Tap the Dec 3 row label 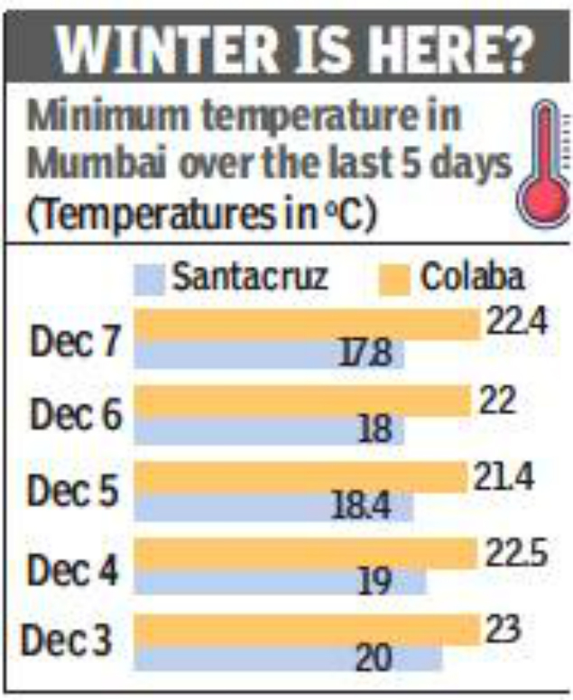[67, 641]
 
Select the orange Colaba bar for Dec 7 [307, 326]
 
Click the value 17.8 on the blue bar [365, 355]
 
